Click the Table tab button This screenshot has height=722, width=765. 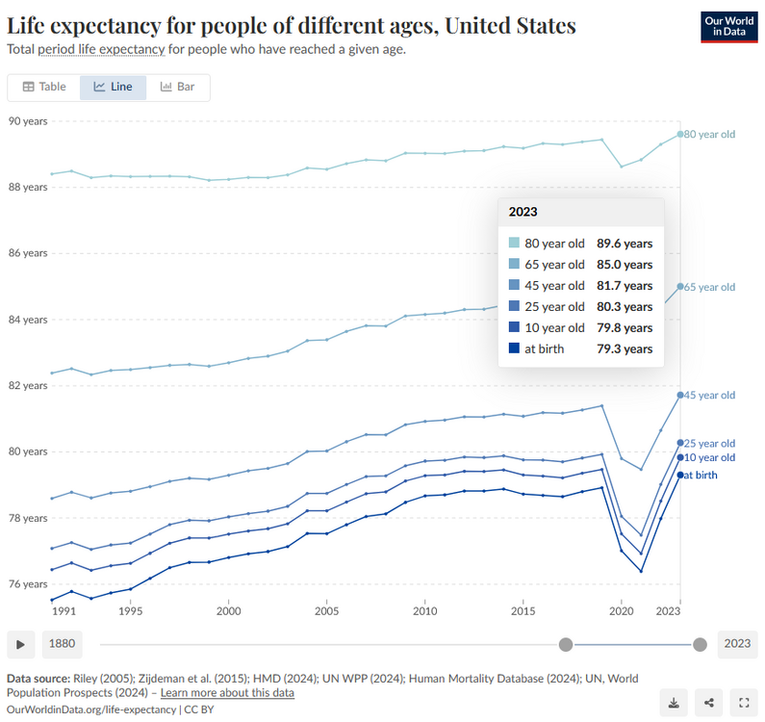coord(44,87)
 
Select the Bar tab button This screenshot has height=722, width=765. coord(178,87)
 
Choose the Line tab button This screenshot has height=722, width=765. coord(113,87)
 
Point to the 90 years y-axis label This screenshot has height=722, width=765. coord(28,120)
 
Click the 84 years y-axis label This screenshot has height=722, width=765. coord(28,319)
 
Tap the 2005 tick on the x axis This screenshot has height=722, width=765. coord(326,611)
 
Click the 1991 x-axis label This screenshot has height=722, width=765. coord(64,611)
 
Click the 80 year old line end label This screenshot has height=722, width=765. coord(710,134)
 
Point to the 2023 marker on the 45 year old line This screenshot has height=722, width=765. coord(680,395)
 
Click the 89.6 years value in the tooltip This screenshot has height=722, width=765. coord(625,244)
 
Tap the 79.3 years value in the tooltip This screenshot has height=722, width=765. coord(625,349)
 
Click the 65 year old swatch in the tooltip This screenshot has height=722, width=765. coord(515,265)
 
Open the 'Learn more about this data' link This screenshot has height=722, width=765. coord(227,693)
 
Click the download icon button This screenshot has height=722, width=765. coord(675,702)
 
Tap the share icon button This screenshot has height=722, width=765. coord(709,702)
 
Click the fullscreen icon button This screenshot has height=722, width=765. coord(743,702)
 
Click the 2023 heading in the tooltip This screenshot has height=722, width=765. coord(523,212)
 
